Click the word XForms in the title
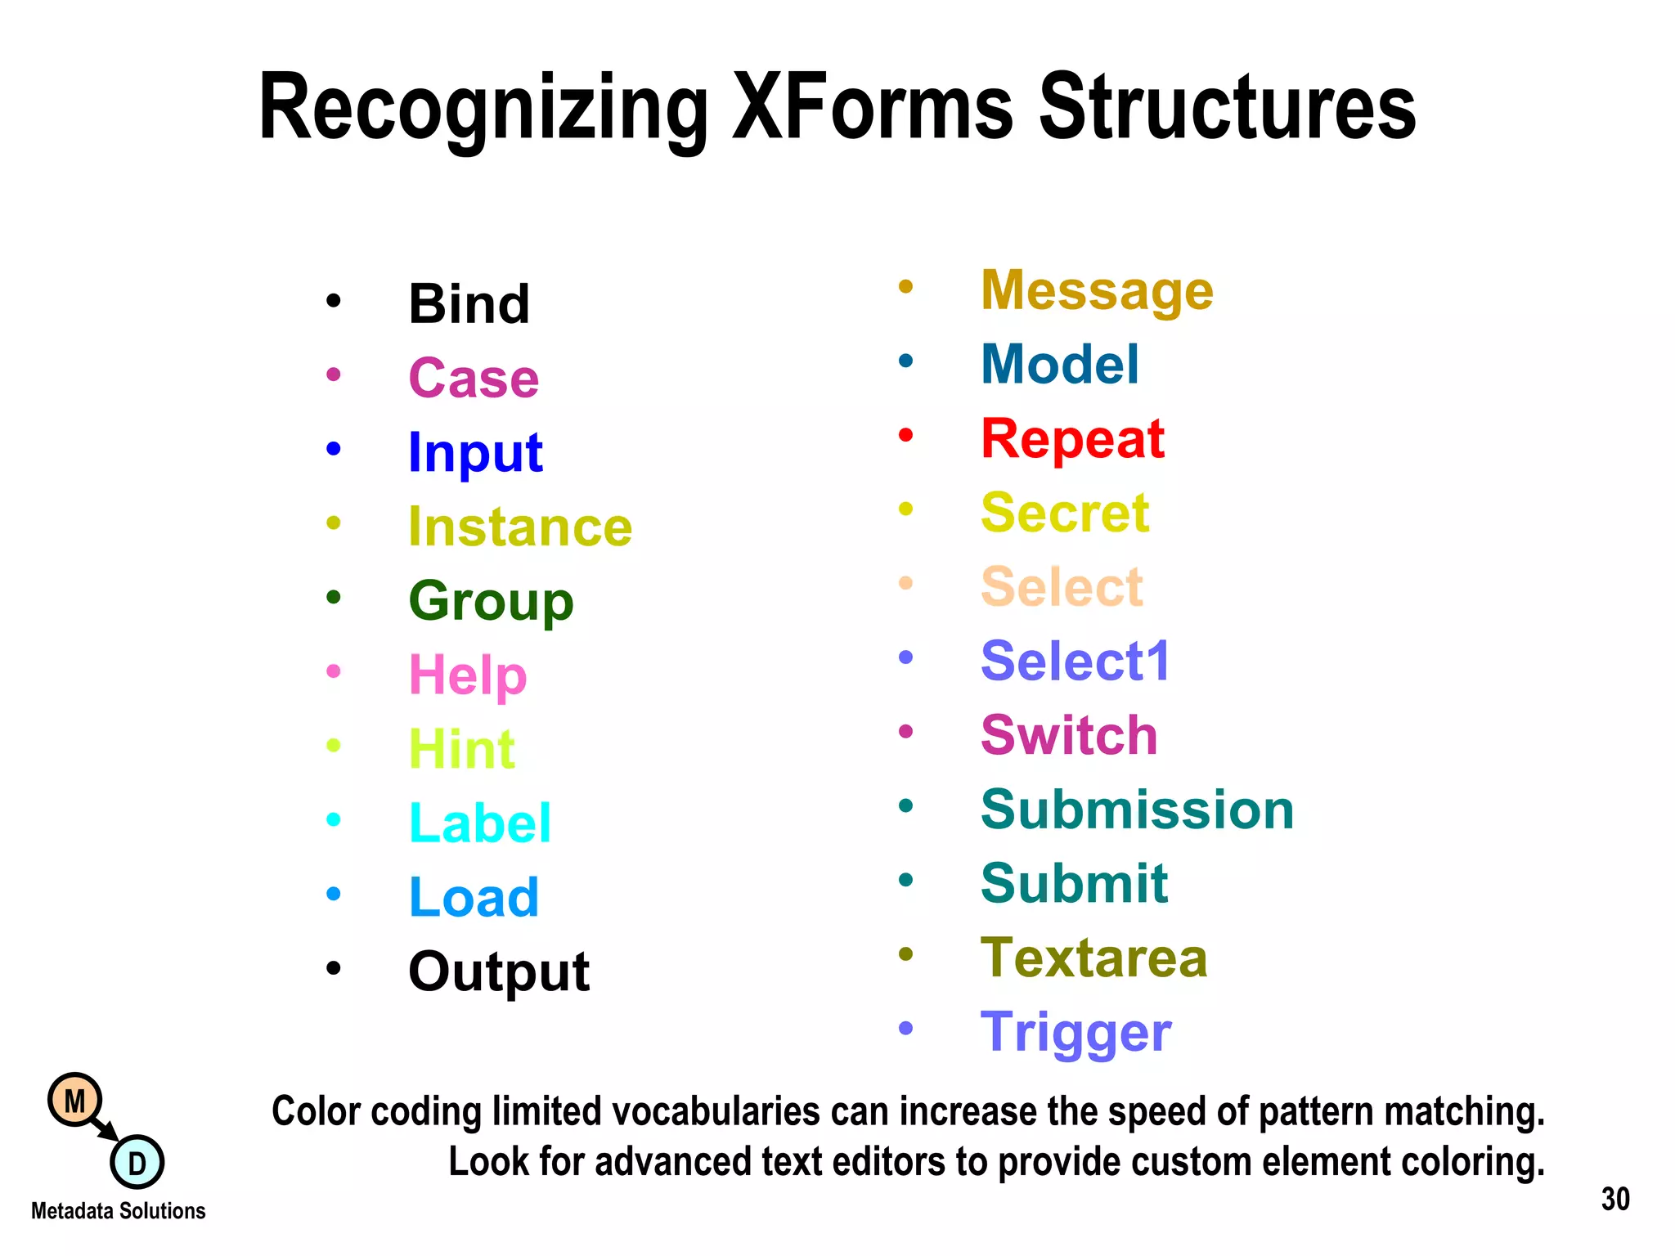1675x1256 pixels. coord(872,108)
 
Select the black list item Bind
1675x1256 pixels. coord(469,304)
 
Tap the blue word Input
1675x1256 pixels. coord(475,452)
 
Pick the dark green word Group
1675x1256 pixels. coord(491,602)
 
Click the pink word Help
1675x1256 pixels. coord(468,676)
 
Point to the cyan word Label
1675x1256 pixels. coord(480,823)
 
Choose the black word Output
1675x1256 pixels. coord(499,971)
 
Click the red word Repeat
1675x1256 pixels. coord(1072,439)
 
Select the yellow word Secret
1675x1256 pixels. coord(1065,513)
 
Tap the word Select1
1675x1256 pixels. coord(1076,661)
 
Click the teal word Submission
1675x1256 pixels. coord(1137,810)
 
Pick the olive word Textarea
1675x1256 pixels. coord(1093,958)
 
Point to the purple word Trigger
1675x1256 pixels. coord(1076,1032)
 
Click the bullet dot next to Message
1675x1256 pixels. coord(905,286)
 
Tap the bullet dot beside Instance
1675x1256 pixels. coord(333,523)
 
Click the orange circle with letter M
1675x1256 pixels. coord(74,1101)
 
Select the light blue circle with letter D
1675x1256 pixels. coord(137,1163)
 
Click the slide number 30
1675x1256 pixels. coord(1614,1200)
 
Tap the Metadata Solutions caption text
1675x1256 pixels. coord(119,1211)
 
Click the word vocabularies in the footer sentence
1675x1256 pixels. coord(716,1112)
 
